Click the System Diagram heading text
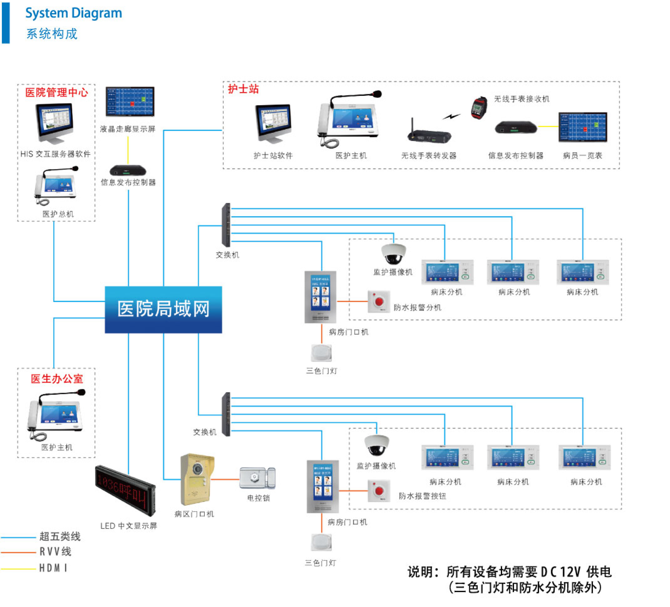pos(74,13)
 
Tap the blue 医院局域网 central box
pos(163,309)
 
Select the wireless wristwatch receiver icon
pos(479,107)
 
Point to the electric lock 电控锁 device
pos(258,478)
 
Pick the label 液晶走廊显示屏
pos(128,129)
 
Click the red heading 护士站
pos(243,89)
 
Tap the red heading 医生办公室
pos(57,379)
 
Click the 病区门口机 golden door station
pos(197,479)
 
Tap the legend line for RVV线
pos(18,552)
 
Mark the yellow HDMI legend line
pos(18,569)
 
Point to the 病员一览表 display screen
pos(583,127)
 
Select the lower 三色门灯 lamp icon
pos(321,542)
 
